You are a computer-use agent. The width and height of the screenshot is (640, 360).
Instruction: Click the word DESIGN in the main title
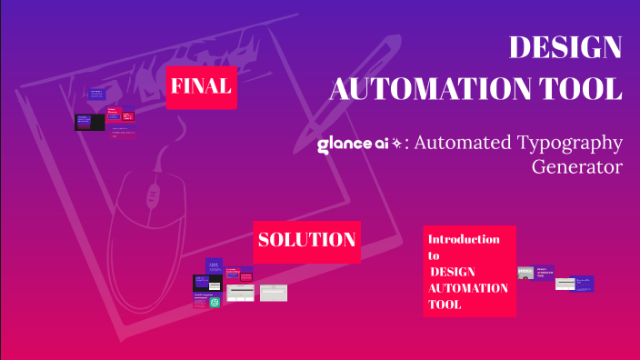click(x=565, y=47)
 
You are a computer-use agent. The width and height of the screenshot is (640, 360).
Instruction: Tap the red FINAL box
click(x=201, y=87)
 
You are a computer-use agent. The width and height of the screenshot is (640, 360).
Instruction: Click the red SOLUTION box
click(x=306, y=241)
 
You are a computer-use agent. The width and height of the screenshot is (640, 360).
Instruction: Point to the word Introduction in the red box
click(x=464, y=239)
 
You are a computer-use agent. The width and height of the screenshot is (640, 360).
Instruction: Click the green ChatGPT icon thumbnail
click(x=215, y=303)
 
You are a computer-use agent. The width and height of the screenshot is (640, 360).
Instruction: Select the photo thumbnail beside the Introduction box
click(x=525, y=273)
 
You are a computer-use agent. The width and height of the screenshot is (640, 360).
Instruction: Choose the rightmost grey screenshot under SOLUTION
click(x=273, y=293)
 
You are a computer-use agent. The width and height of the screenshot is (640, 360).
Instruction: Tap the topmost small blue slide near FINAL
click(x=97, y=94)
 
